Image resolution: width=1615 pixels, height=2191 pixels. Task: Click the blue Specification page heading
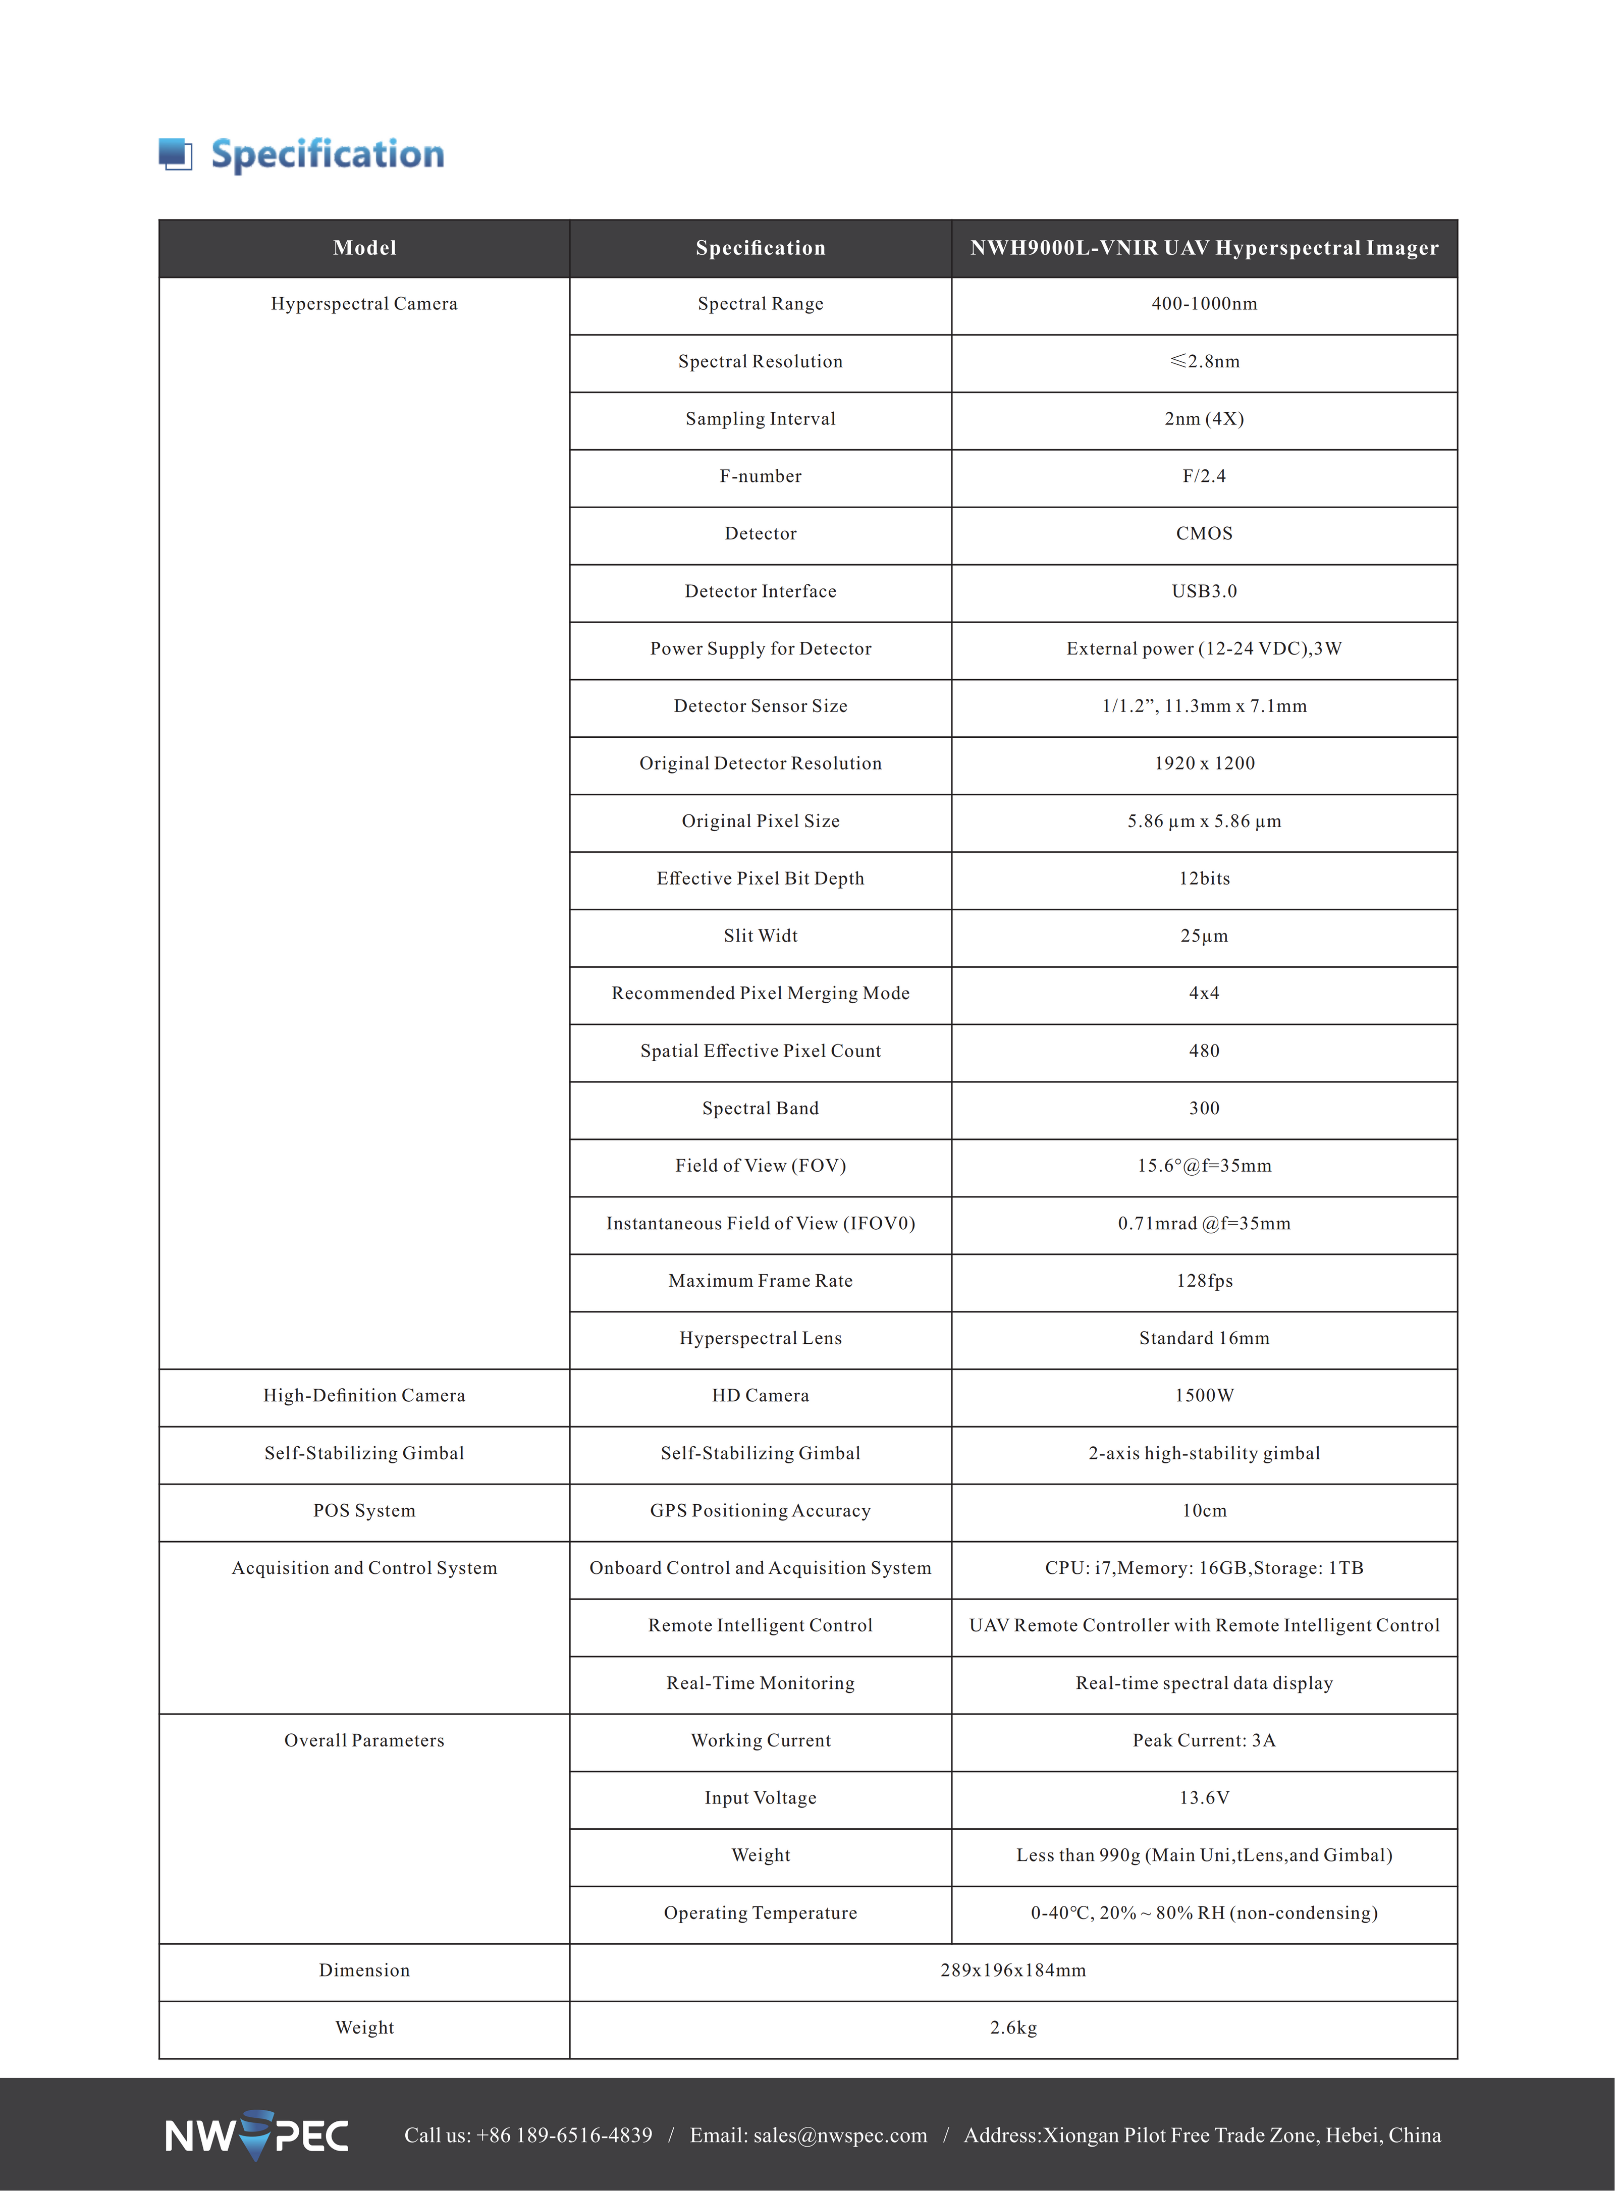coord(328,154)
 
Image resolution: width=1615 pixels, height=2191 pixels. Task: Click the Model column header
coord(365,248)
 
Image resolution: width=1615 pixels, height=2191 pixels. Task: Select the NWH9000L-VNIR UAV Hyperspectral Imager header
coord(1204,248)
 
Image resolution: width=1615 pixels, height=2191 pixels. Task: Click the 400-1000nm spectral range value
coord(1204,304)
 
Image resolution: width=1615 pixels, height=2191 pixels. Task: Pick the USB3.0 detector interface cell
coord(1204,591)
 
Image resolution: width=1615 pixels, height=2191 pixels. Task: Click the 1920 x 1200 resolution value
coord(1204,763)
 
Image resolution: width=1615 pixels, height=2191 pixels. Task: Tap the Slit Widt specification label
coord(761,936)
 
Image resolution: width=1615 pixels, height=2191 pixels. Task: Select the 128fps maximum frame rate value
coord(1204,1281)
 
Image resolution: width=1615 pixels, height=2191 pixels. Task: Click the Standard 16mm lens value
coord(1204,1339)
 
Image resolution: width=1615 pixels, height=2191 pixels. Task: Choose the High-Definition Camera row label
coord(365,1396)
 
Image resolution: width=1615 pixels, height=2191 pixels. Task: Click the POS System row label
coord(365,1511)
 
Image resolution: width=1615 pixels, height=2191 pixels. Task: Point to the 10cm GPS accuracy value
coord(1204,1511)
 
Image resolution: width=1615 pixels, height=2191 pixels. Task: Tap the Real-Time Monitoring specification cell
coord(761,1683)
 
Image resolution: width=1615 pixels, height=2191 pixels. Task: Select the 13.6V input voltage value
coord(1204,1798)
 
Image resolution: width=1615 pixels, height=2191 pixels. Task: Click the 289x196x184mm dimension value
coord(1013,1970)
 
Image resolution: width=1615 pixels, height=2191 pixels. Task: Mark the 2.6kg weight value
coord(1013,2028)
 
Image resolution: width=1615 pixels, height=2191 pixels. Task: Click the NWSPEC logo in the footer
coord(256,2135)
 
